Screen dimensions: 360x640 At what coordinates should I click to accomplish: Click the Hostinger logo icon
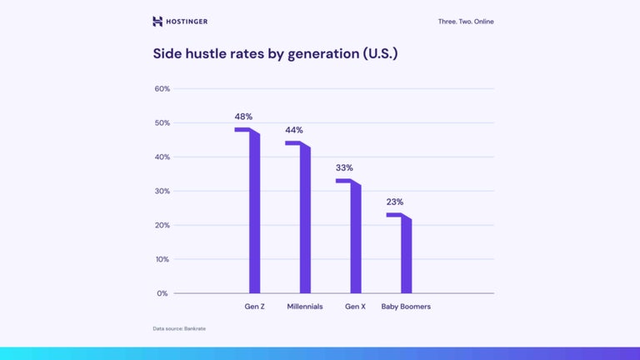tap(157, 22)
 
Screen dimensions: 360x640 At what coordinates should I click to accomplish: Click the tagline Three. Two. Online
tap(465, 22)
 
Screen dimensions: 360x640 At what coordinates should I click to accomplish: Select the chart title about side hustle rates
tap(275, 54)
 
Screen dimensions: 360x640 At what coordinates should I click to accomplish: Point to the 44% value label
tap(294, 131)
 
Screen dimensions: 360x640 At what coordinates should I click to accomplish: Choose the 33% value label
tap(344, 167)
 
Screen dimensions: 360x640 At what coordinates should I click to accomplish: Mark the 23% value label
tap(395, 202)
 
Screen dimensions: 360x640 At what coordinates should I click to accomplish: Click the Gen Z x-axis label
tap(255, 307)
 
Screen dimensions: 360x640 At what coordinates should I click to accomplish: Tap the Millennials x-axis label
tap(305, 307)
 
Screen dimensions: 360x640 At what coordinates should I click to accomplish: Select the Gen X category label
tap(356, 307)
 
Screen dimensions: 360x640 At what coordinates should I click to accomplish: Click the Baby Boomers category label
tap(406, 307)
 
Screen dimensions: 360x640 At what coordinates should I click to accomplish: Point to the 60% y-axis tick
tap(162, 89)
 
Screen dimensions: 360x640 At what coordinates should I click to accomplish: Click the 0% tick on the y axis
tap(163, 293)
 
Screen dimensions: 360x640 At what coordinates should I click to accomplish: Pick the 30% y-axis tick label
tap(162, 191)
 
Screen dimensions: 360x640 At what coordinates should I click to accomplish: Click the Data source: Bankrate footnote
tap(179, 328)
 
